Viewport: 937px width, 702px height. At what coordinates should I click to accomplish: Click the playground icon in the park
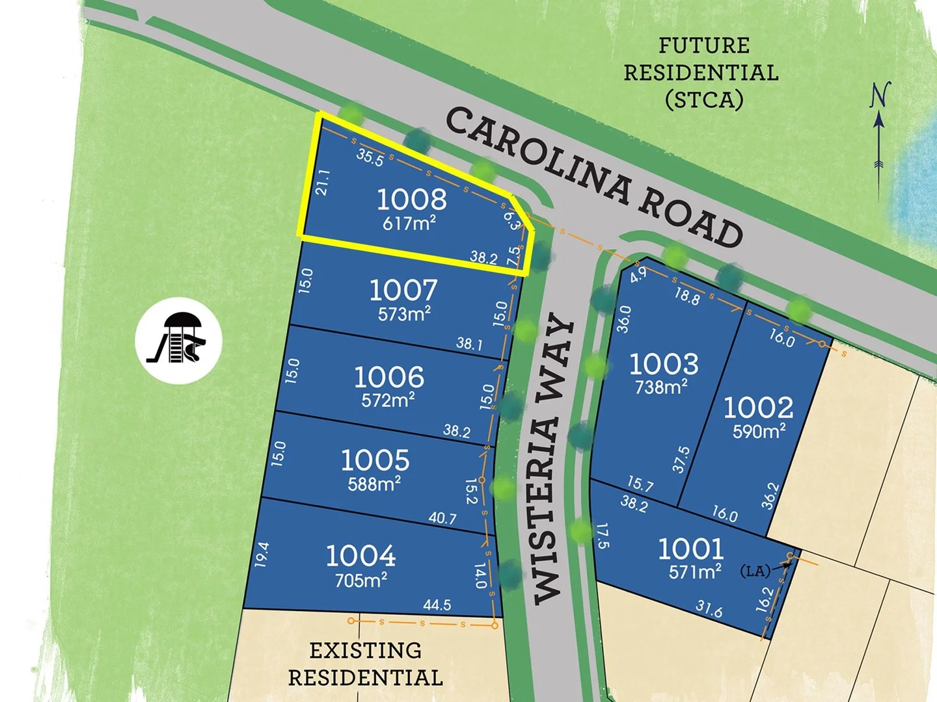178,340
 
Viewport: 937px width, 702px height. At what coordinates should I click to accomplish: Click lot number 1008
412,199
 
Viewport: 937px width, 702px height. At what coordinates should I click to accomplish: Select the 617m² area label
409,224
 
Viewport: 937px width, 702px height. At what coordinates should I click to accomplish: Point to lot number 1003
664,364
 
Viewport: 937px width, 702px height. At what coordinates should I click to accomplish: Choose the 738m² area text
661,387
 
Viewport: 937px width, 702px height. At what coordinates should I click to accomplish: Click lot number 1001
690,549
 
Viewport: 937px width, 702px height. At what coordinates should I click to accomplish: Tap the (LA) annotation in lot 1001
755,571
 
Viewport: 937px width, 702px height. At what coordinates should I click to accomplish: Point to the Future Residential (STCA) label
701,72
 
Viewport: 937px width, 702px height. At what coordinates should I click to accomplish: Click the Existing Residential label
365,664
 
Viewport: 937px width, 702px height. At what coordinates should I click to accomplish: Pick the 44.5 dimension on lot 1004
437,605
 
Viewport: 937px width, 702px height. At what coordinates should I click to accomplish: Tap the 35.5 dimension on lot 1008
370,157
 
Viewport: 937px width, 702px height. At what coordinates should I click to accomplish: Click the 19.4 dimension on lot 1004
262,554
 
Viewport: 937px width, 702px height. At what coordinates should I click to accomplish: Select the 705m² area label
361,579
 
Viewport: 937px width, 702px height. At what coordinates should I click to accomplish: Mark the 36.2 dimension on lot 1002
770,496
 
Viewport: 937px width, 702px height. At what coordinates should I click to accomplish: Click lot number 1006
389,377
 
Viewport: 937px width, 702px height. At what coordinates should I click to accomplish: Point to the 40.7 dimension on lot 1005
442,518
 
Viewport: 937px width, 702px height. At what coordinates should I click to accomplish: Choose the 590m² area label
759,431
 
